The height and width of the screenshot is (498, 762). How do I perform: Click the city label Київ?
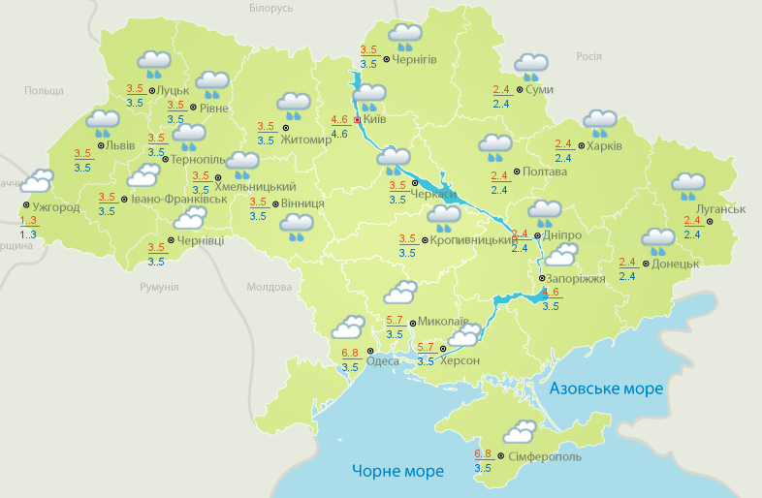tap(375, 120)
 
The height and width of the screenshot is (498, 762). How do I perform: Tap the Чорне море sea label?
tap(397, 472)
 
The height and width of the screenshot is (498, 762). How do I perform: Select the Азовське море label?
tap(606, 389)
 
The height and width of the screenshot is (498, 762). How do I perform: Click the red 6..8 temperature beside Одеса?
tap(351, 353)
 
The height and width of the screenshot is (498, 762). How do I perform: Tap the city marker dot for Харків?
tap(580, 147)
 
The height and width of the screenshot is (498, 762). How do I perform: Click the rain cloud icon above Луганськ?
tap(688, 186)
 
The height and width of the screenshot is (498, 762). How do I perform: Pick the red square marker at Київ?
tap(357, 120)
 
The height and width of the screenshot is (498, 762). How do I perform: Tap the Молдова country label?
tap(269, 288)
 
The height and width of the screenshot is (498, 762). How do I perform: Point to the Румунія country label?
tap(159, 288)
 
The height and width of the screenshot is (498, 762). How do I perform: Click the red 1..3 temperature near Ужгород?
tap(28, 221)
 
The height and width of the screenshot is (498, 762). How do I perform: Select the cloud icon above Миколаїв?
tap(399, 293)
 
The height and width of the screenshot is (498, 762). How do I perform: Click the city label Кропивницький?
tap(470, 239)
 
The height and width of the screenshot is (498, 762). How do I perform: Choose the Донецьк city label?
tap(675, 264)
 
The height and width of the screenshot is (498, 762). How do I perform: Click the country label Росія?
tap(589, 57)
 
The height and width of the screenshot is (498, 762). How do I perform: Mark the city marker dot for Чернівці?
tap(171, 240)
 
